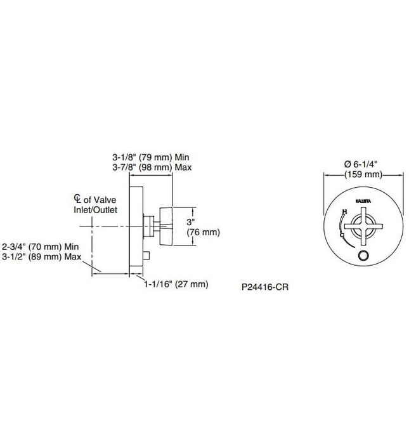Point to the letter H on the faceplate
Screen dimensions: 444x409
pos(344,211)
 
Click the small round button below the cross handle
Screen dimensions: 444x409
pos(363,255)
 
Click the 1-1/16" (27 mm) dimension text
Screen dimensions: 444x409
pos(175,284)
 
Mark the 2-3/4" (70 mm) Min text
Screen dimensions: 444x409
pos(42,245)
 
